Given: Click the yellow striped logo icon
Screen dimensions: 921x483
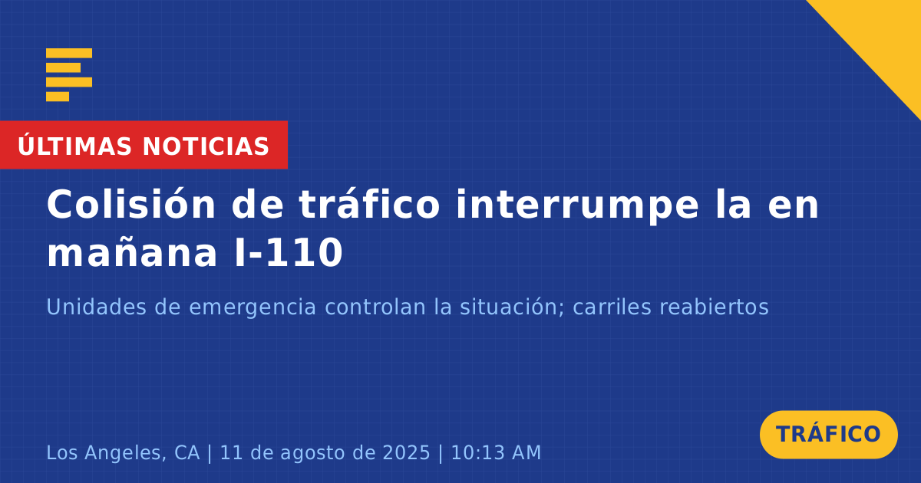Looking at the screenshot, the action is (x=69, y=75).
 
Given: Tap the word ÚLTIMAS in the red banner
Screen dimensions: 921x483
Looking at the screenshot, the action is (x=74, y=146).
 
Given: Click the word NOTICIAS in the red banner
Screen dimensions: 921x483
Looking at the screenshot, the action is (x=206, y=146).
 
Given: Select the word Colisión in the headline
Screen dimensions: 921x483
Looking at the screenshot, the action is (x=131, y=205).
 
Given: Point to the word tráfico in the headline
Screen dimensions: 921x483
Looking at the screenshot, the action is (x=369, y=205).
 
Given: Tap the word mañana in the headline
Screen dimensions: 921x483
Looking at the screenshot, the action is (x=132, y=252).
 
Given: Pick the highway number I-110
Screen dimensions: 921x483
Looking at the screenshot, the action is (x=289, y=252).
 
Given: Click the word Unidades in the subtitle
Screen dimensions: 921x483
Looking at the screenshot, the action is (x=96, y=307).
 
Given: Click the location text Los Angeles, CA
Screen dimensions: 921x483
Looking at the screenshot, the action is (x=123, y=453).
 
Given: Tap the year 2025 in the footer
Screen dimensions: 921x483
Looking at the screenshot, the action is (x=406, y=452).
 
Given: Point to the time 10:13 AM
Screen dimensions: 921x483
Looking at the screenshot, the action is (x=496, y=452).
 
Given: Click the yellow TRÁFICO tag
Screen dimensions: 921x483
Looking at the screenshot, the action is (x=828, y=435).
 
